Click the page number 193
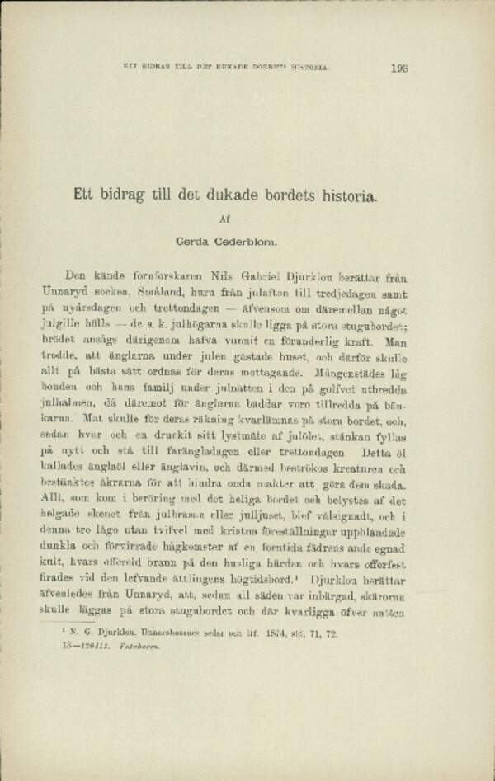click(400, 68)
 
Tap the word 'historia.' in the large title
click(349, 197)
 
